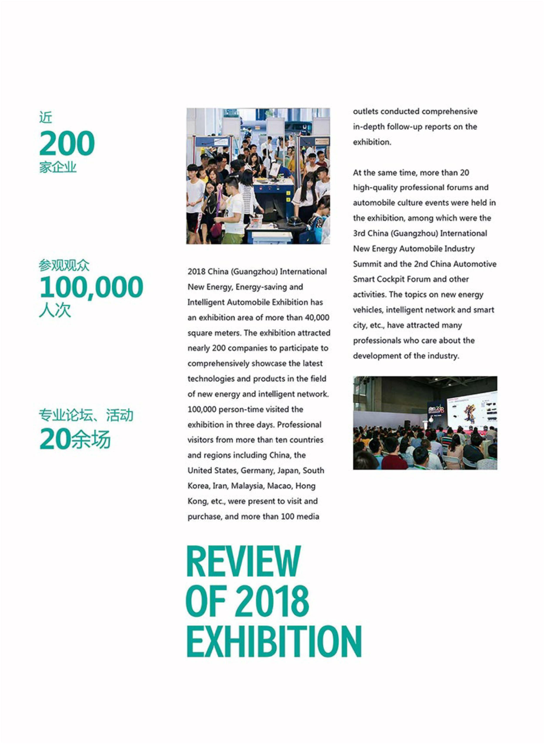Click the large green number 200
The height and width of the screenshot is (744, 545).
[67, 143]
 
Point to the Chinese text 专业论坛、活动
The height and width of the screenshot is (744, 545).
[86, 415]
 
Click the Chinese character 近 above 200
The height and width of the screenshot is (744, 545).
[45, 117]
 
